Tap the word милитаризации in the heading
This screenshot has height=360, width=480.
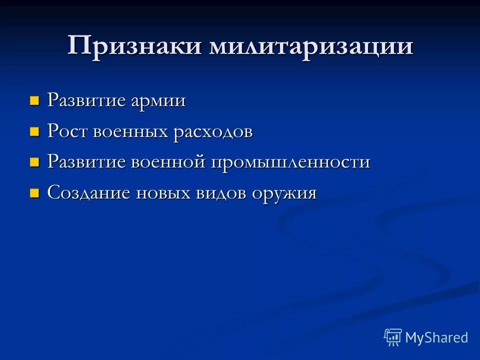click(311, 46)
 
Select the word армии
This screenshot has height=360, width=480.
click(158, 100)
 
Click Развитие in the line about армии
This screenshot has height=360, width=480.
click(86, 100)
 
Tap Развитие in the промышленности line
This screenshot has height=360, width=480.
click(86, 162)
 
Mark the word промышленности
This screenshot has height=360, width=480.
click(290, 162)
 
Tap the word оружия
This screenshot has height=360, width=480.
click(284, 193)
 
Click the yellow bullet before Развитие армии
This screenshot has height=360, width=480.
click(34, 101)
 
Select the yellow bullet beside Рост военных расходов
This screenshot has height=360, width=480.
click(34, 132)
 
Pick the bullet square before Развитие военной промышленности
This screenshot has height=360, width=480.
click(34, 163)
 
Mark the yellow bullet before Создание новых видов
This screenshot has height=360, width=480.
click(34, 193)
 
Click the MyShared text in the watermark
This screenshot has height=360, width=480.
click(436, 337)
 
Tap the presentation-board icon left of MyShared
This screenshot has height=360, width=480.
click(393, 337)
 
